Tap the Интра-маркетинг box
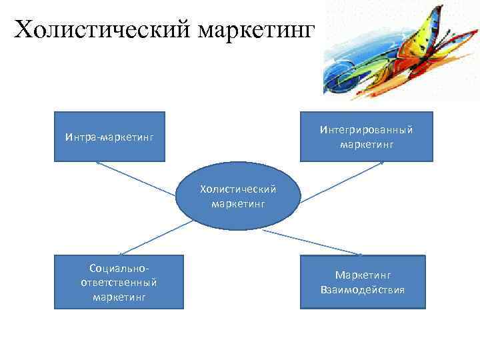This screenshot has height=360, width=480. [110, 137]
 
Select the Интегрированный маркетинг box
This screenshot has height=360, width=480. [366, 137]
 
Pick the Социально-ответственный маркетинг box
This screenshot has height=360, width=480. [119, 283]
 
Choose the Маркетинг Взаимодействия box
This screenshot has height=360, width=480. [362, 283]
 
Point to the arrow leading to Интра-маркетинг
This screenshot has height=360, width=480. [137, 178]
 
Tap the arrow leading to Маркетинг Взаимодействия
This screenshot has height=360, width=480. [313, 243]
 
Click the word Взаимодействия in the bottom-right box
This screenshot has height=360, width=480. [362, 290]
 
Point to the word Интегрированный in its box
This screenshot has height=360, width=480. [366, 129]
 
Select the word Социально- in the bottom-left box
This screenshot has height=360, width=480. [119, 268]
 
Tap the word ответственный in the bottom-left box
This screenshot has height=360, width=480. [119, 282]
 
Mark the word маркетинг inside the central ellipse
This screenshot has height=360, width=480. [238, 204]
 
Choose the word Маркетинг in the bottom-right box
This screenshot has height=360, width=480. [363, 275]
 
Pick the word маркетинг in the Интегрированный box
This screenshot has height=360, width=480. [367, 143]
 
